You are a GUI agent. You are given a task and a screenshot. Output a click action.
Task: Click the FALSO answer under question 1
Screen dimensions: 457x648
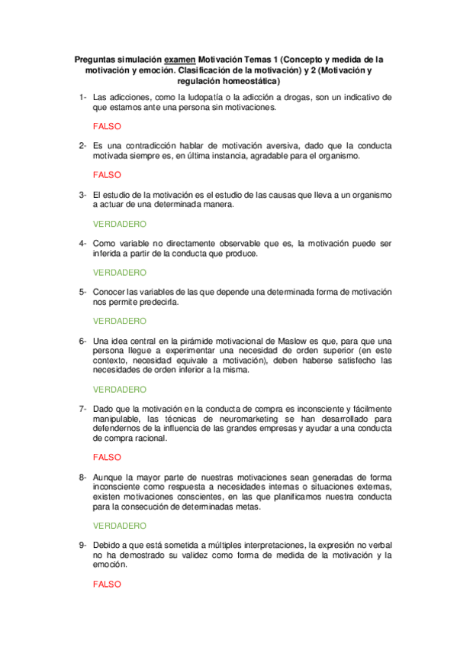107,126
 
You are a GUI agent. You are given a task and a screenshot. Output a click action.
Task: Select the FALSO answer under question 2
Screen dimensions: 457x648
107,174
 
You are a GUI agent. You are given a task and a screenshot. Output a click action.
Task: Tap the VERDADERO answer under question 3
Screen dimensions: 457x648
120,224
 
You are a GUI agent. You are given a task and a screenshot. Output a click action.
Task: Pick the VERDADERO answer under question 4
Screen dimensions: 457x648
120,272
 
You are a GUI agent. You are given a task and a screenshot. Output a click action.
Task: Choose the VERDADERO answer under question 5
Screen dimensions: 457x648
120,321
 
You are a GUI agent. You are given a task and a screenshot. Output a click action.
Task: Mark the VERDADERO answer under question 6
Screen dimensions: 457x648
120,389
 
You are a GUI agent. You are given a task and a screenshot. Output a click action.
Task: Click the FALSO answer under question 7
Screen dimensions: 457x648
107,458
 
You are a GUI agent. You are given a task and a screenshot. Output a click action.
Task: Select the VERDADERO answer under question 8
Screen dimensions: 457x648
120,526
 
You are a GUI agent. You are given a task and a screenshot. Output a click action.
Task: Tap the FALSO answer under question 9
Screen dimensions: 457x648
107,584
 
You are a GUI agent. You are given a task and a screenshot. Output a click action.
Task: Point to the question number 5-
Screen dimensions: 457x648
82,292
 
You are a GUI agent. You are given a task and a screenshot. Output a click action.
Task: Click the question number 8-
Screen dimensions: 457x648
82,477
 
